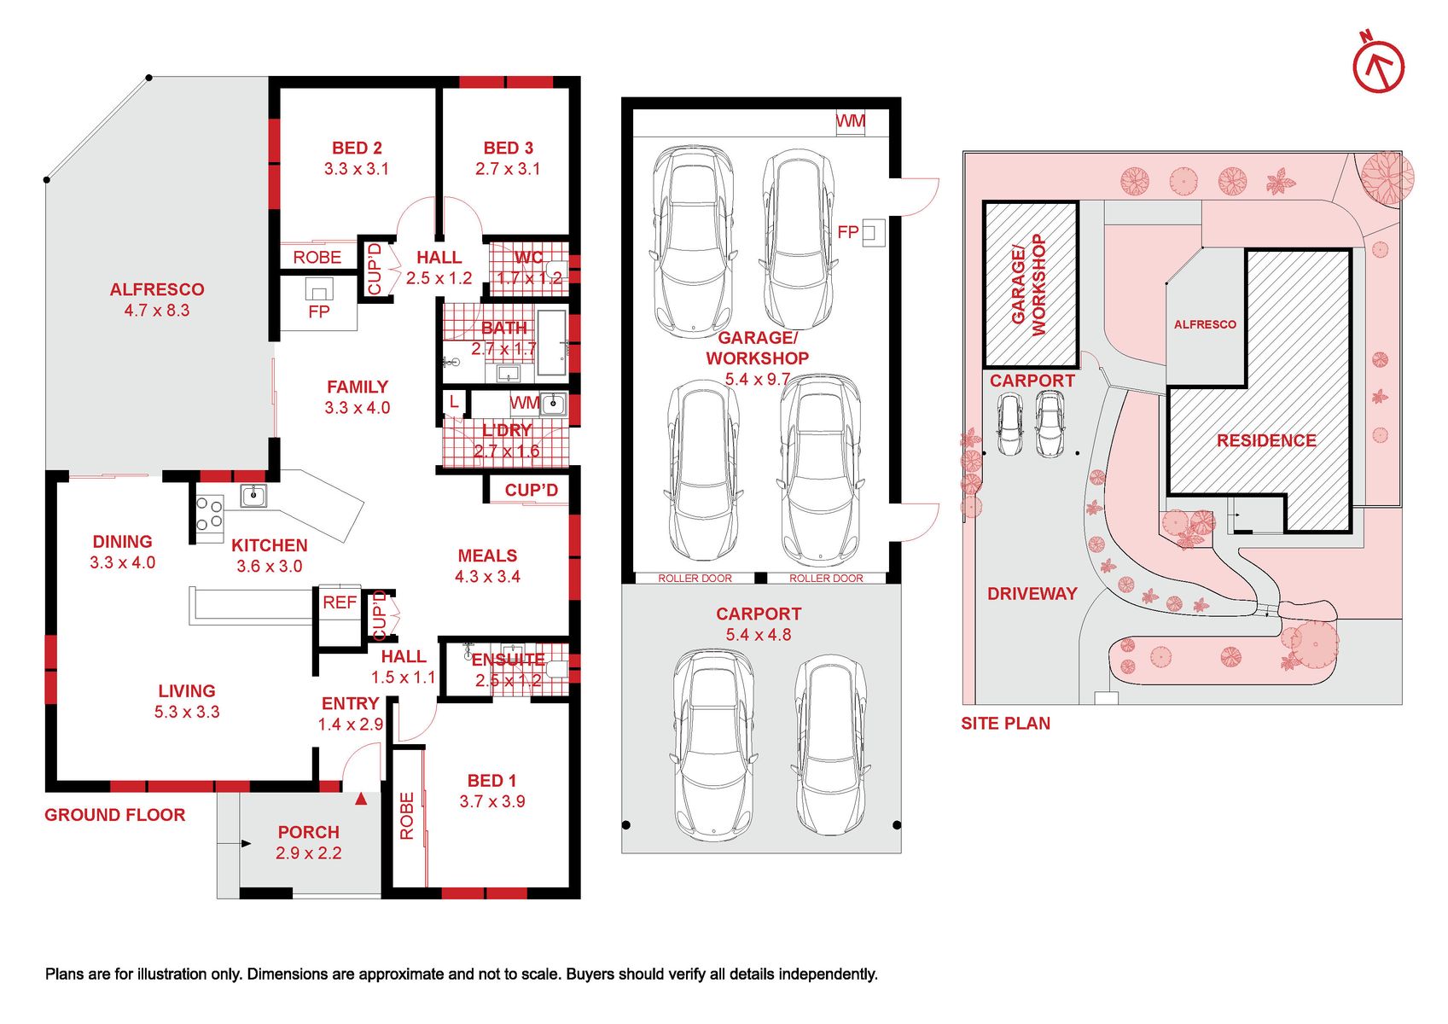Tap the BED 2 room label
pyautogui.click(x=357, y=148)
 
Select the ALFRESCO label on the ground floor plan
pyautogui.click(x=157, y=289)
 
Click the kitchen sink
pyautogui.click(x=253, y=496)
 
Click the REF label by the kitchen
pyautogui.click(x=340, y=602)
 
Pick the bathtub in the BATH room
pyautogui.click(x=552, y=342)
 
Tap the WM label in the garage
pyautogui.click(x=850, y=121)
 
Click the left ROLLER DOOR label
pyautogui.click(x=695, y=578)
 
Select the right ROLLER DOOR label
pyautogui.click(x=826, y=578)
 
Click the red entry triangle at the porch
pyautogui.click(x=361, y=799)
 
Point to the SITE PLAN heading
pyautogui.click(x=1005, y=724)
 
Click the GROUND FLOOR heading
pyautogui.click(x=115, y=815)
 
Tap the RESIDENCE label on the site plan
pyautogui.click(x=1266, y=441)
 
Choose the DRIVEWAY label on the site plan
pyautogui.click(x=1032, y=593)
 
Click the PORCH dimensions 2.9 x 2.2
pyautogui.click(x=308, y=852)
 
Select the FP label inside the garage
pyautogui.click(x=847, y=232)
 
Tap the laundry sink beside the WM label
pyautogui.click(x=553, y=404)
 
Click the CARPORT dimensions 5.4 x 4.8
pyautogui.click(x=759, y=634)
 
